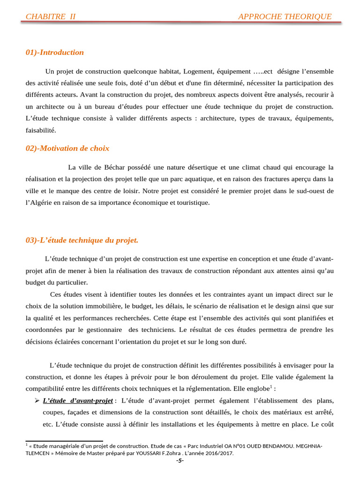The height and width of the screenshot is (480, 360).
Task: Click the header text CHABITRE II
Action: [x=51, y=17]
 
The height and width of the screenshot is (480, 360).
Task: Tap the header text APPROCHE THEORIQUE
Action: [x=285, y=17]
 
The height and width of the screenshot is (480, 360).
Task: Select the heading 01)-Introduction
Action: [x=55, y=52]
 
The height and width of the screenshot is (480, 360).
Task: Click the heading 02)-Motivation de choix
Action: [x=67, y=149]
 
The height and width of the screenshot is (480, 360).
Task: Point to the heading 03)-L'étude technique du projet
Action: [x=82, y=240]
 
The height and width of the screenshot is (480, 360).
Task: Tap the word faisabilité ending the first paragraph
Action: [x=40, y=130]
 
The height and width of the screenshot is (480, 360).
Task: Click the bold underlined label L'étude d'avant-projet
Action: [x=78, y=401]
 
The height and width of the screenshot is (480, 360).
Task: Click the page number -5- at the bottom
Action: [x=180, y=461]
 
